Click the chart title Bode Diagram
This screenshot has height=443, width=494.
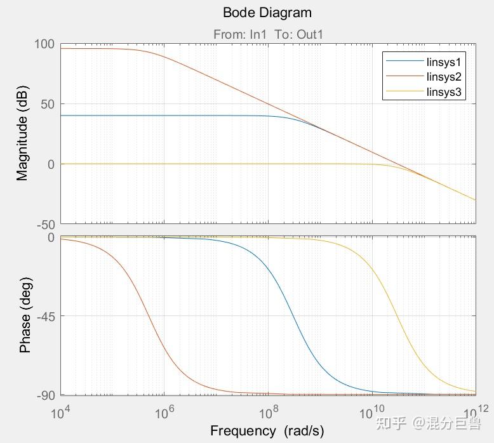coord(267,13)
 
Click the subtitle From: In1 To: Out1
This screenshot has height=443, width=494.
coord(268,35)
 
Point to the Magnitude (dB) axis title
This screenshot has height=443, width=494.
coord(23,134)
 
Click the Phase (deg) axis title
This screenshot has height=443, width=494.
coord(25,315)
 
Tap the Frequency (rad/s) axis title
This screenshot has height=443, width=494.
coord(267,431)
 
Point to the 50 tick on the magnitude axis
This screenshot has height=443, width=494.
coord(48,104)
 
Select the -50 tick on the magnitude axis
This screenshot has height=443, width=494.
coord(45,224)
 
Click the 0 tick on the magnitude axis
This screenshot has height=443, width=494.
coord(51,164)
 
